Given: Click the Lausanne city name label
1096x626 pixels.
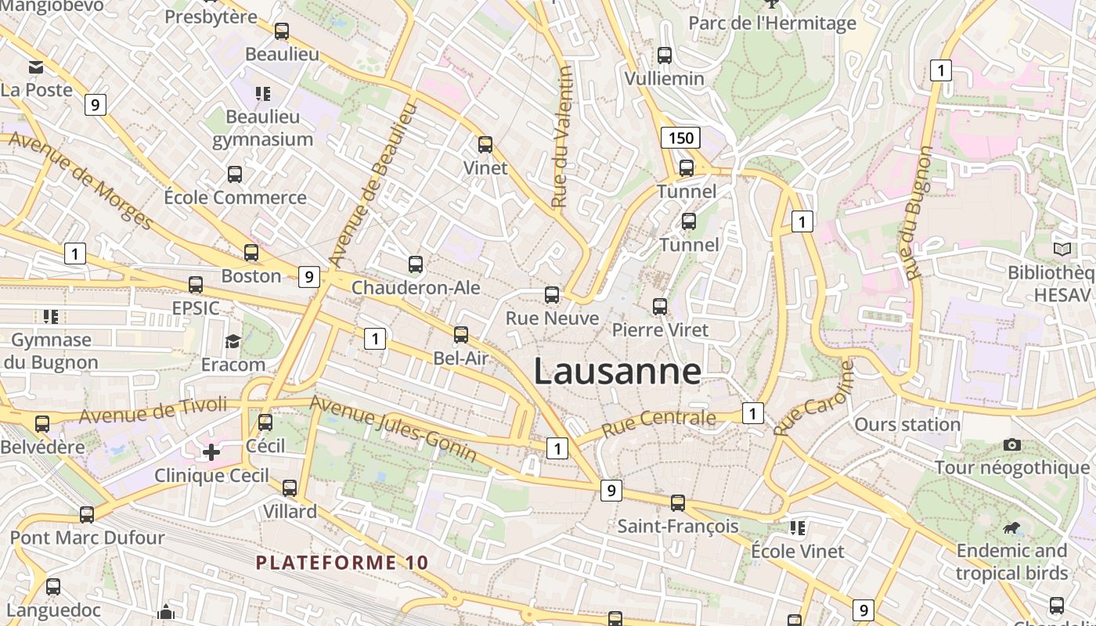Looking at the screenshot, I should [x=617, y=371].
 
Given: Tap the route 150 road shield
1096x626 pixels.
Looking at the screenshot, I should [x=680, y=138].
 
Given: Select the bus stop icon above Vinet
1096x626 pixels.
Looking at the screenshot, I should [x=485, y=145].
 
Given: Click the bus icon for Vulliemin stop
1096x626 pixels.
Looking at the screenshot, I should [x=665, y=56].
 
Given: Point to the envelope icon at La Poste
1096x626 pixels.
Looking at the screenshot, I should [x=36, y=67].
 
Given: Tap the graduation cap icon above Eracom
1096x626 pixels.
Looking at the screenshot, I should [x=233, y=341].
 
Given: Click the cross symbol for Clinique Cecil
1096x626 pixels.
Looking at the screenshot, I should [x=211, y=452].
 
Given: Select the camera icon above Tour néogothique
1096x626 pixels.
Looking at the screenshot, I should [x=1012, y=444].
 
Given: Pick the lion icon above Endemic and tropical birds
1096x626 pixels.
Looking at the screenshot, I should [x=1011, y=527].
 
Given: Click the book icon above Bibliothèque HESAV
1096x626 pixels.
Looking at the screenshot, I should [x=1062, y=250].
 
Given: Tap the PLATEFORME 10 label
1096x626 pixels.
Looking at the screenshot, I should [x=343, y=563].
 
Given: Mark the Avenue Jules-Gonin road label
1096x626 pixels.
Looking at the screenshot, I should [x=393, y=428].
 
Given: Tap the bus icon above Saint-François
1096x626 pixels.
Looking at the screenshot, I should [x=678, y=503].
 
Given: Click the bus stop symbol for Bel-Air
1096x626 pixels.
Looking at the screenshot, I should [x=461, y=335].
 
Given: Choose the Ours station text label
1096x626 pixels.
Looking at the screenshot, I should [x=907, y=425].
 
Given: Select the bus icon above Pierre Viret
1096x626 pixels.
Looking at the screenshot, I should [x=660, y=307].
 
